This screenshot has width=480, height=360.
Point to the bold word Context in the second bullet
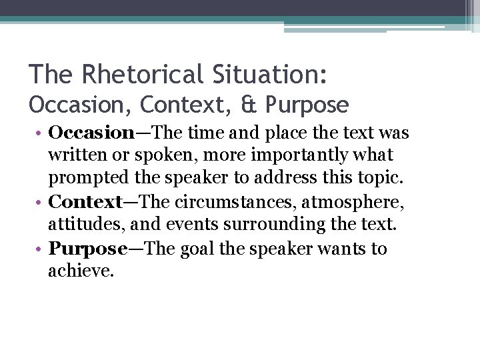pos(85,201)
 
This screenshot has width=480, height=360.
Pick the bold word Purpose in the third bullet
pos(89,249)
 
